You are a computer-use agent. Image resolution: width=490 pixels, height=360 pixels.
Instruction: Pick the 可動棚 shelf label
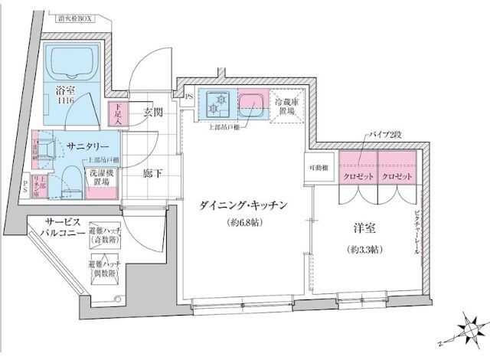[x=318, y=168]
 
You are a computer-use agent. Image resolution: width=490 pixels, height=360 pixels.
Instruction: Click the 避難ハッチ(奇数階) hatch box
[x=101, y=235]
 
